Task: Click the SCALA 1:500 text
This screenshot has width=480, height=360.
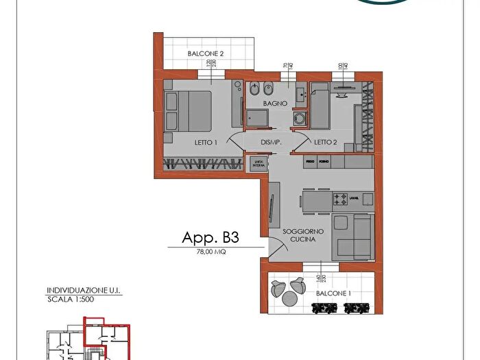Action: pos(71,300)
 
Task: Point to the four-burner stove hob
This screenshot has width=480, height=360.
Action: pos(341,200)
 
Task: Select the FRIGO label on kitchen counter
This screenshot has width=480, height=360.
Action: pos(311,161)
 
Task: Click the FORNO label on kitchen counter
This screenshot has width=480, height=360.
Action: pos(324,161)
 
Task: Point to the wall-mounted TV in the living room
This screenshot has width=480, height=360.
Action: pos(272,210)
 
